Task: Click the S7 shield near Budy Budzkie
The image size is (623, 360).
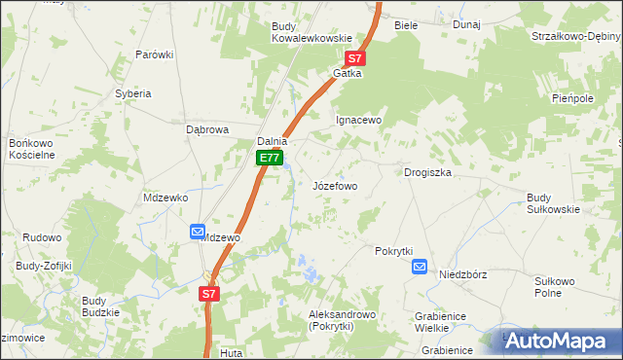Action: tap(209, 293)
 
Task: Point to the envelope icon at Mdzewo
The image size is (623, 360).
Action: tap(198, 232)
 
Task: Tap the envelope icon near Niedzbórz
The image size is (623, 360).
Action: tap(420, 267)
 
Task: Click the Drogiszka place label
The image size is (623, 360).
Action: tap(427, 172)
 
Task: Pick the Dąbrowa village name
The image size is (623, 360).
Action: tap(206, 129)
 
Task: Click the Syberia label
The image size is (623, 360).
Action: tap(133, 93)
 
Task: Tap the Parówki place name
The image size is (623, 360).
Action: tap(154, 54)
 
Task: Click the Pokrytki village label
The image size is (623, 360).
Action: tap(394, 250)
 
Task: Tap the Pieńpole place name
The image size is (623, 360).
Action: tap(572, 98)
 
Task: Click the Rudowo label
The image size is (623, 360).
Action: tap(42, 237)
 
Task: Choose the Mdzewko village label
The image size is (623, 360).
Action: tap(165, 197)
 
